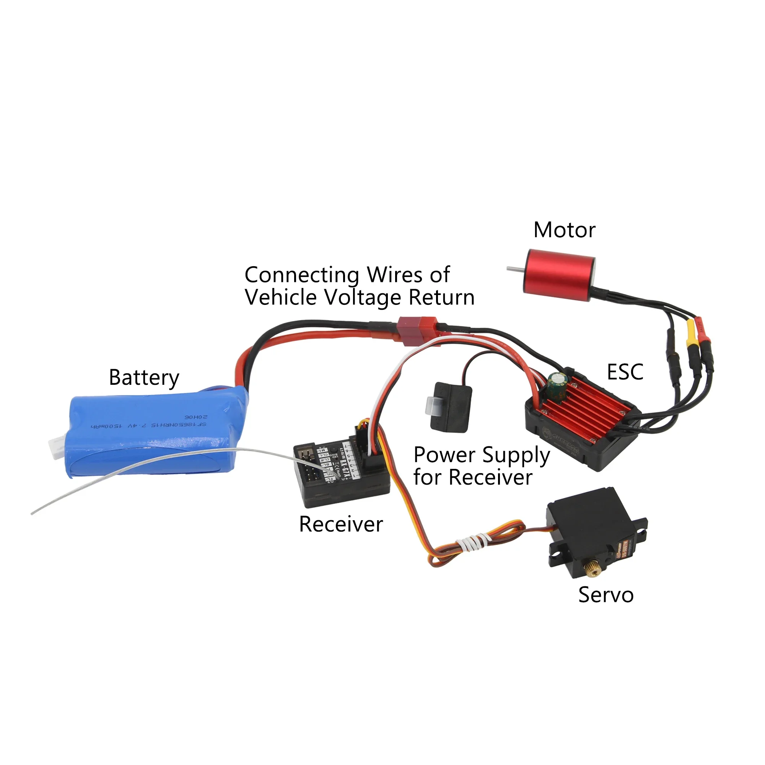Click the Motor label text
click(564, 230)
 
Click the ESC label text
click(625, 372)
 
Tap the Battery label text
click(144, 378)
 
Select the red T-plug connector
click(418, 330)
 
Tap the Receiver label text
click(341, 525)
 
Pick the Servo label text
click(606, 595)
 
